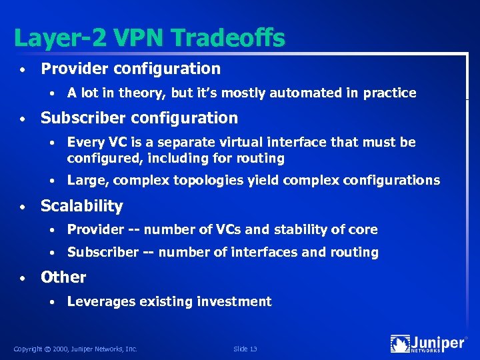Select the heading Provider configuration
coord(131,69)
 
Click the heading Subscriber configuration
coord(139,118)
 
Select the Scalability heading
coord(81,207)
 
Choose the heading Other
coord(63,277)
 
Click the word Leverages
coord(101,302)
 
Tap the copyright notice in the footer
coord(75,348)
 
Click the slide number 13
coord(245,348)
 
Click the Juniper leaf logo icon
coord(400,343)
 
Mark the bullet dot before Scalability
coord(23,207)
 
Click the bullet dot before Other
coord(23,278)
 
